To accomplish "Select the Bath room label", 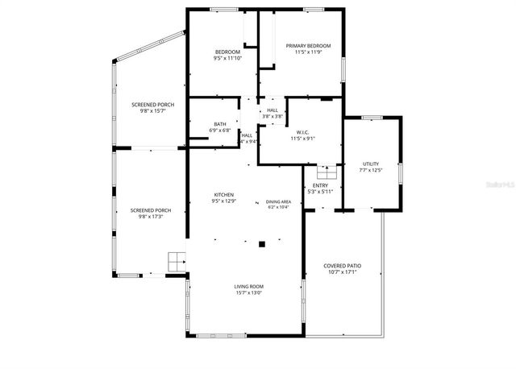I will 220,124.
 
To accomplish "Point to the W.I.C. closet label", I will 303,132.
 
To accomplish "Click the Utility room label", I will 371,164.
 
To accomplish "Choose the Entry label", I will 320,185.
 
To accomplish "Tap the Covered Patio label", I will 342,265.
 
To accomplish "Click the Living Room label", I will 249,287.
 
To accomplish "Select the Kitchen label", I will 223,195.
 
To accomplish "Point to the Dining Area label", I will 279,202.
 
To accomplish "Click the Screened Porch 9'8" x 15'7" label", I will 153,105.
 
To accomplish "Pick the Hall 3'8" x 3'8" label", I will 273,110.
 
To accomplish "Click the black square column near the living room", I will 261,243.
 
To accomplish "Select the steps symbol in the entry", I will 326,172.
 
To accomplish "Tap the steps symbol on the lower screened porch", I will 177,262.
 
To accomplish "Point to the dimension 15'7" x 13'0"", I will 249,293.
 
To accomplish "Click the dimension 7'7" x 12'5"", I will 371,170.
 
